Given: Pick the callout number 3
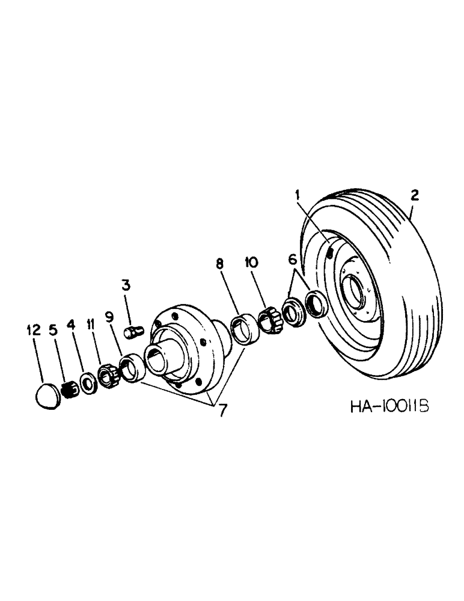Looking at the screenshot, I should (126, 284).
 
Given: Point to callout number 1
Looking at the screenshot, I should (297, 194).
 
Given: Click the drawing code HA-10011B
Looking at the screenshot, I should (389, 407).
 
